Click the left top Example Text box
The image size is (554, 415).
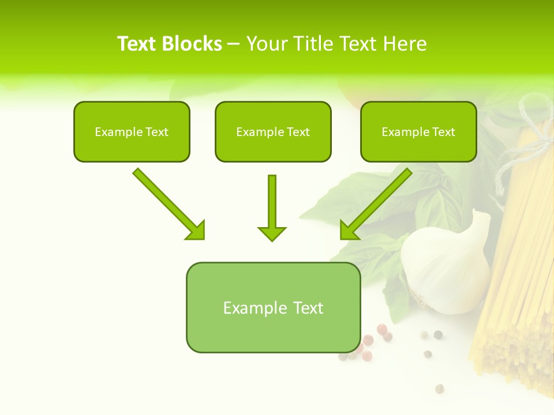132,131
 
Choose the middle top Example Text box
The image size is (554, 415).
273,131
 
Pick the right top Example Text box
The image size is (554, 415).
418,131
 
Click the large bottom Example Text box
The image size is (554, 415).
273,307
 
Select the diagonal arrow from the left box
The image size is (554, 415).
167,202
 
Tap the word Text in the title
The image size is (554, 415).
137,44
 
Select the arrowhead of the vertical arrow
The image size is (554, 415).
272,233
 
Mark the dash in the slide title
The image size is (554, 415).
234,44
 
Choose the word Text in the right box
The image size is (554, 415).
443,131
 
